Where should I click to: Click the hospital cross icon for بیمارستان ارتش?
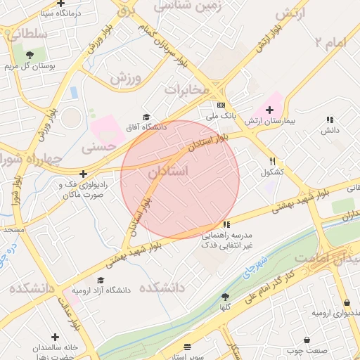(x=269, y=110)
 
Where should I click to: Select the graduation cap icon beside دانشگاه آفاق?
(x=146, y=117)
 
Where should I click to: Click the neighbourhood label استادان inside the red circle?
(x=169, y=172)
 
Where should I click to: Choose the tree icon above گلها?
(x=225, y=297)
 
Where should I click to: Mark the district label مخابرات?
(x=187, y=89)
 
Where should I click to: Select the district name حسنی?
(x=97, y=148)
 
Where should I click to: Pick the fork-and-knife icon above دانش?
(x=330, y=120)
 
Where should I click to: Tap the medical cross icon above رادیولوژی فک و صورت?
(x=83, y=174)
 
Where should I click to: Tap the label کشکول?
(x=272, y=172)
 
